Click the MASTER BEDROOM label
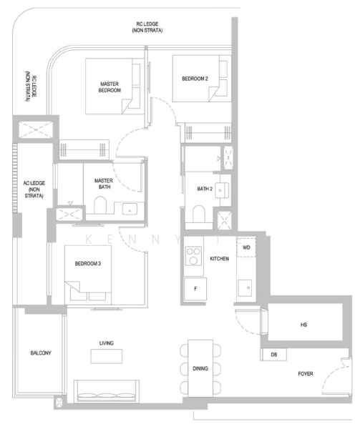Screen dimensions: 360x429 110,87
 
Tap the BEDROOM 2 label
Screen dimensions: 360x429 195,79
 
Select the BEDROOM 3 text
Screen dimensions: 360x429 88,263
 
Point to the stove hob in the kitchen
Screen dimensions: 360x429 193,256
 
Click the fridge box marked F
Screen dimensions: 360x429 195,289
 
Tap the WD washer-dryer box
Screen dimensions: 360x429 246,247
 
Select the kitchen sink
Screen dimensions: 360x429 245,288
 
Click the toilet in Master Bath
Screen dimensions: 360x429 100,205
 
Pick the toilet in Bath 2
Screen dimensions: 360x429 199,214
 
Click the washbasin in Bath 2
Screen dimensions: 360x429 222,190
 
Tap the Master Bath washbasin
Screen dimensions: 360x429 130,209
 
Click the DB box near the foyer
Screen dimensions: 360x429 274,355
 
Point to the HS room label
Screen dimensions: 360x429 304,325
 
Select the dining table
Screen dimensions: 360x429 200,368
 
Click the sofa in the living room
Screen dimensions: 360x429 107,391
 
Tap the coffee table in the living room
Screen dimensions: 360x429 107,356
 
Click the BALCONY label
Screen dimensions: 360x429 41,353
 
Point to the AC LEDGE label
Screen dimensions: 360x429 34,189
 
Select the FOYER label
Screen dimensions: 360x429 306,374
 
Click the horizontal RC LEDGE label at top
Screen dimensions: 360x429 147,27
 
